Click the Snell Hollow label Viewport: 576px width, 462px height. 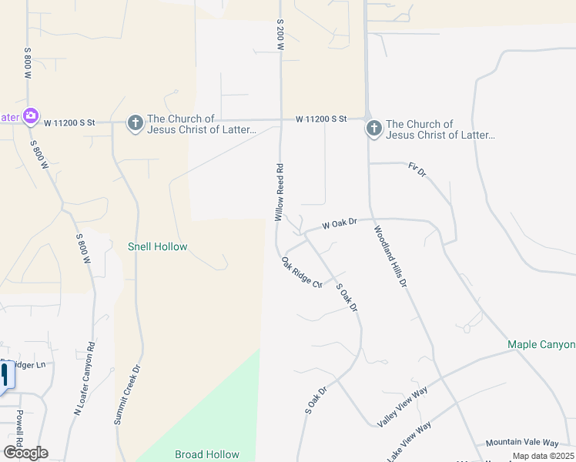[x=157, y=246]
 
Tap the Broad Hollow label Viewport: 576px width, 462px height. [x=207, y=454]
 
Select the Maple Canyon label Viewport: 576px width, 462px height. [x=541, y=344]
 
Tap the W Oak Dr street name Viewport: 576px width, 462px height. [x=340, y=223]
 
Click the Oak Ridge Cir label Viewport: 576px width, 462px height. [x=302, y=272]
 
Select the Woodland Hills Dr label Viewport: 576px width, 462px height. [x=390, y=256]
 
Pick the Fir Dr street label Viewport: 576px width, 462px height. [x=417, y=170]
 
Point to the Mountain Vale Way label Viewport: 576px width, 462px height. [x=521, y=443]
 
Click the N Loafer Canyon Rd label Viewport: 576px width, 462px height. [x=84, y=378]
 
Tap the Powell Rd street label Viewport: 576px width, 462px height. [x=18, y=427]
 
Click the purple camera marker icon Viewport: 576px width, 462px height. [x=31, y=116]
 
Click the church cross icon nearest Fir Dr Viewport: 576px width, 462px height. [x=374, y=129]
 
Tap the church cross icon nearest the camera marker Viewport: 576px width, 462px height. [x=135, y=123]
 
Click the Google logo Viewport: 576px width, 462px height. [x=25, y=453]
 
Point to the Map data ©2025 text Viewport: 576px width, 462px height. [x=543, y=456]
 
